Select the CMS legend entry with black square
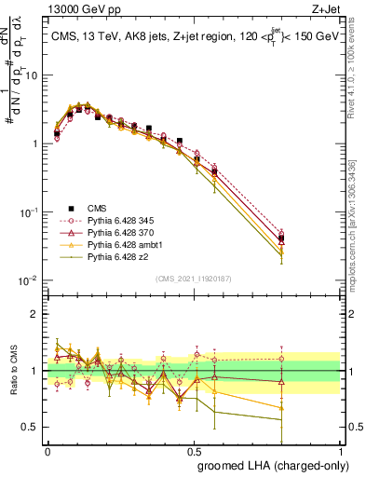[x=97, y=210]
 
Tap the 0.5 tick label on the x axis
[x=194, y=448]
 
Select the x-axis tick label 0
[x=47, y=448]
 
